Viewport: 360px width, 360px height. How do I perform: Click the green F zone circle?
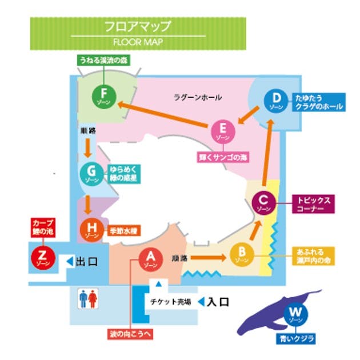pyautogui.click(x=103, y=95)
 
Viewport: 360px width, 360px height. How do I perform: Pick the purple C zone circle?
pyautogui.click(x=263, y=202)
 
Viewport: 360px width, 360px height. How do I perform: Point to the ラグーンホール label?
pyautogui.click(x=197, y=98)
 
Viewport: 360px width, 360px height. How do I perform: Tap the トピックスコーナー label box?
pyautogui.click(x=314, y=205)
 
